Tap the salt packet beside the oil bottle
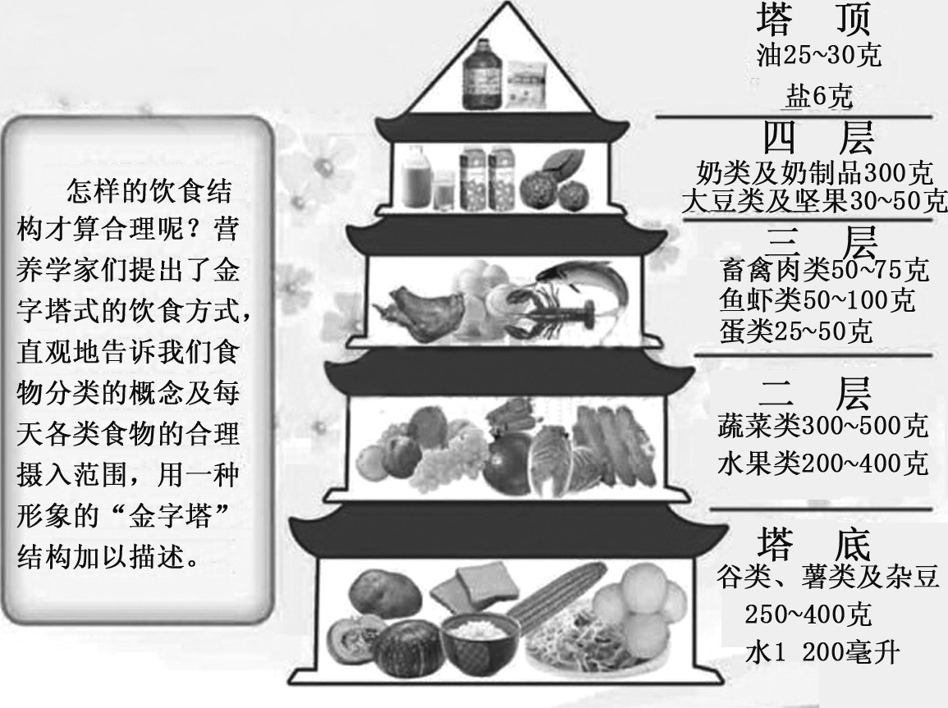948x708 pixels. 524,81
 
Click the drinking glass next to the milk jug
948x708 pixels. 442,190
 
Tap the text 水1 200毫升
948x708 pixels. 822,653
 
